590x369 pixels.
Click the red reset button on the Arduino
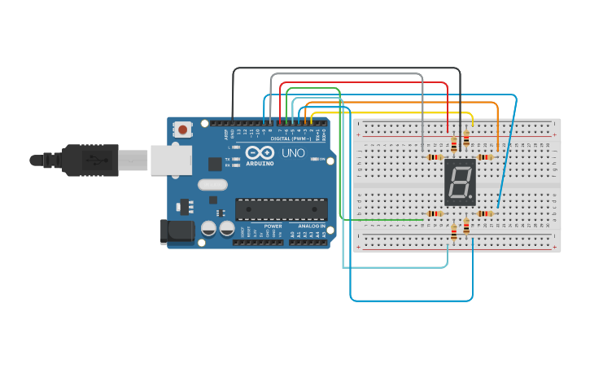[x=183, y=129]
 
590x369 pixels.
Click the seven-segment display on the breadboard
[x=460, y=182]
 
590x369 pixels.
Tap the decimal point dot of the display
[x=470, y=197]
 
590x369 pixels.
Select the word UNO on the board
[x=293, y=152]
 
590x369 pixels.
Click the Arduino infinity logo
[x=260, y=152]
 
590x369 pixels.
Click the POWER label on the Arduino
[x=273, y=226]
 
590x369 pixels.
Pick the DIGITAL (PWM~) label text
[x=291, y=138]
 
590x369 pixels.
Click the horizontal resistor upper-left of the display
[x=433, y=156]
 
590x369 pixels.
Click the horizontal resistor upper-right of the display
[x=485, y=156]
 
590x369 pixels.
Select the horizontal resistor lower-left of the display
[x=434, y=213]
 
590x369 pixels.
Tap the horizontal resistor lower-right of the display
[x=485, y=213]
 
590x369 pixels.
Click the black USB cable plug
[x=90, y=160]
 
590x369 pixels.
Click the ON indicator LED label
[x=321, y=159]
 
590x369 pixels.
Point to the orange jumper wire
[x=497, y=114]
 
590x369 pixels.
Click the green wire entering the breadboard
[x=382, y=219]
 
